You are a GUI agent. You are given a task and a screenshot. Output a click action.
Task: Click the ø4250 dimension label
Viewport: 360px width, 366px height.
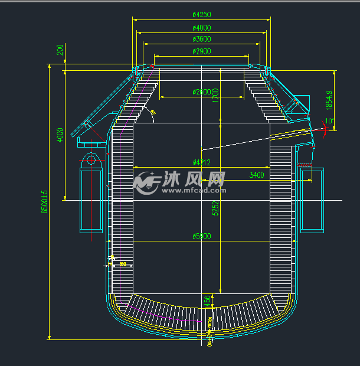point(202,15)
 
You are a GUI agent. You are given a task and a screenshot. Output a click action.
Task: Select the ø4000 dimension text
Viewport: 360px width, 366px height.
point(202,27)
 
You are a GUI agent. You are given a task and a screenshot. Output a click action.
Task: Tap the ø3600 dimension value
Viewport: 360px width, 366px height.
point(202,39)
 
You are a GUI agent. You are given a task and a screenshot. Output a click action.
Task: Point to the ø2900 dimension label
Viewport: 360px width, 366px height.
point(202,51)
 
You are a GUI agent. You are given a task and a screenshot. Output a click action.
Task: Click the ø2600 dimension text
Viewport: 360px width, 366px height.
point(202,91)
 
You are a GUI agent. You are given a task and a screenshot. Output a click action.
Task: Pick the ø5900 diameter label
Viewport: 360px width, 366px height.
point(202,236)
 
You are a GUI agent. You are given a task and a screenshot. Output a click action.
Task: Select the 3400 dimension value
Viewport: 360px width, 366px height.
point(257,175)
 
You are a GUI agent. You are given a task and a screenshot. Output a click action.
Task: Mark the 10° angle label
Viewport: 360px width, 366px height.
point(329,122)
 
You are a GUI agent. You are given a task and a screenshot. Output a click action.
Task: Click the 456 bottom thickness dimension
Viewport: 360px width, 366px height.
point(207,300)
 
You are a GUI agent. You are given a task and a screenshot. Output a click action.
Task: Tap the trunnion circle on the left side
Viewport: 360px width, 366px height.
point(91,158)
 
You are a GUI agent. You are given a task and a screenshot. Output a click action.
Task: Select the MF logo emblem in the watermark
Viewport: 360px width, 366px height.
point(146,181)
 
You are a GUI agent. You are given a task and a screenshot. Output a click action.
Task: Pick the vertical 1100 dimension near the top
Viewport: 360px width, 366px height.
point(216,93)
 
